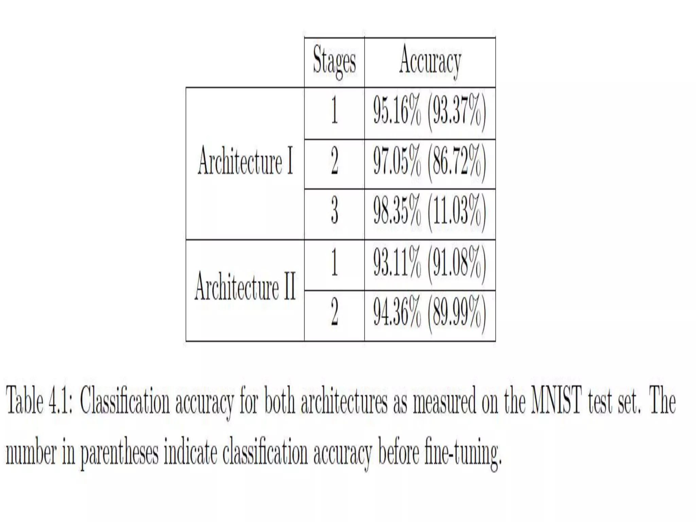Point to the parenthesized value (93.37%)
(x=457, y=112)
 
